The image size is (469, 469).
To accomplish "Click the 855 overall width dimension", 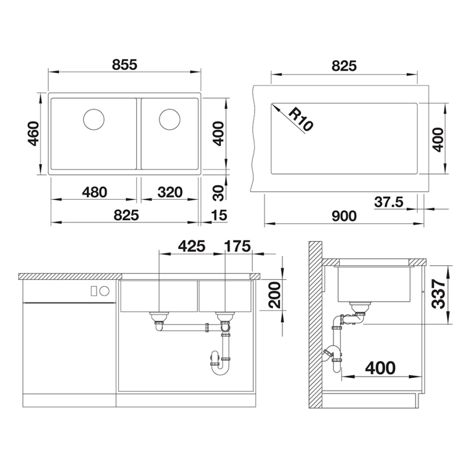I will click(x=125, y=64).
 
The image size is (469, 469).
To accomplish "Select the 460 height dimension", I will click(x=34, y=135).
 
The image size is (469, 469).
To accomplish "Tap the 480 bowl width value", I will click(x=95, y=192).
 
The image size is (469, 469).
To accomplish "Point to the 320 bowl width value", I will click(x=170, y=192).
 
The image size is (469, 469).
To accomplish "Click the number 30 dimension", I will click(x=217, y=192).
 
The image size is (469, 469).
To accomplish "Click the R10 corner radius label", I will click(x=299, y=119).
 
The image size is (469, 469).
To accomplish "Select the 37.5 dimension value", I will click(x=388, y=202).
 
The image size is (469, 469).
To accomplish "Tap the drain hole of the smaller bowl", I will click(x=170, y=118).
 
